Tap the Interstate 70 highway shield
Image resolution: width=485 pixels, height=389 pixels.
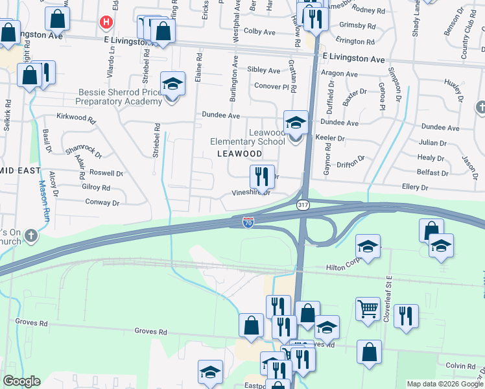coord(248,222)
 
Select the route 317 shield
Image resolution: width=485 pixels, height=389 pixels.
coord(302,205)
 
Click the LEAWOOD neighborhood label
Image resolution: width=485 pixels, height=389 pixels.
coord(239,154)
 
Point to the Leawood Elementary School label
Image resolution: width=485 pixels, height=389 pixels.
coord(248,137)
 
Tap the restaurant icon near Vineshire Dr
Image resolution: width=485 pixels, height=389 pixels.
coord(261,175)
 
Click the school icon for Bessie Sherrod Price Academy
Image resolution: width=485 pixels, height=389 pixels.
coord(172,85)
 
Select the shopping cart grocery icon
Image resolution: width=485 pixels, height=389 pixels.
coord(368,309)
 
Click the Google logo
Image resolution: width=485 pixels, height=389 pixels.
coord(21,381)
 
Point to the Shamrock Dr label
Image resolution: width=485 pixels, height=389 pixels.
coord(84,151)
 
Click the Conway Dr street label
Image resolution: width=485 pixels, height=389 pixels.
coord(102,203)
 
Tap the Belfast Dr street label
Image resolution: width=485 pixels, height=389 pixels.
coord(432,174)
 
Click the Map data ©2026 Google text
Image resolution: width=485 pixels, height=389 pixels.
coord(445,384)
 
